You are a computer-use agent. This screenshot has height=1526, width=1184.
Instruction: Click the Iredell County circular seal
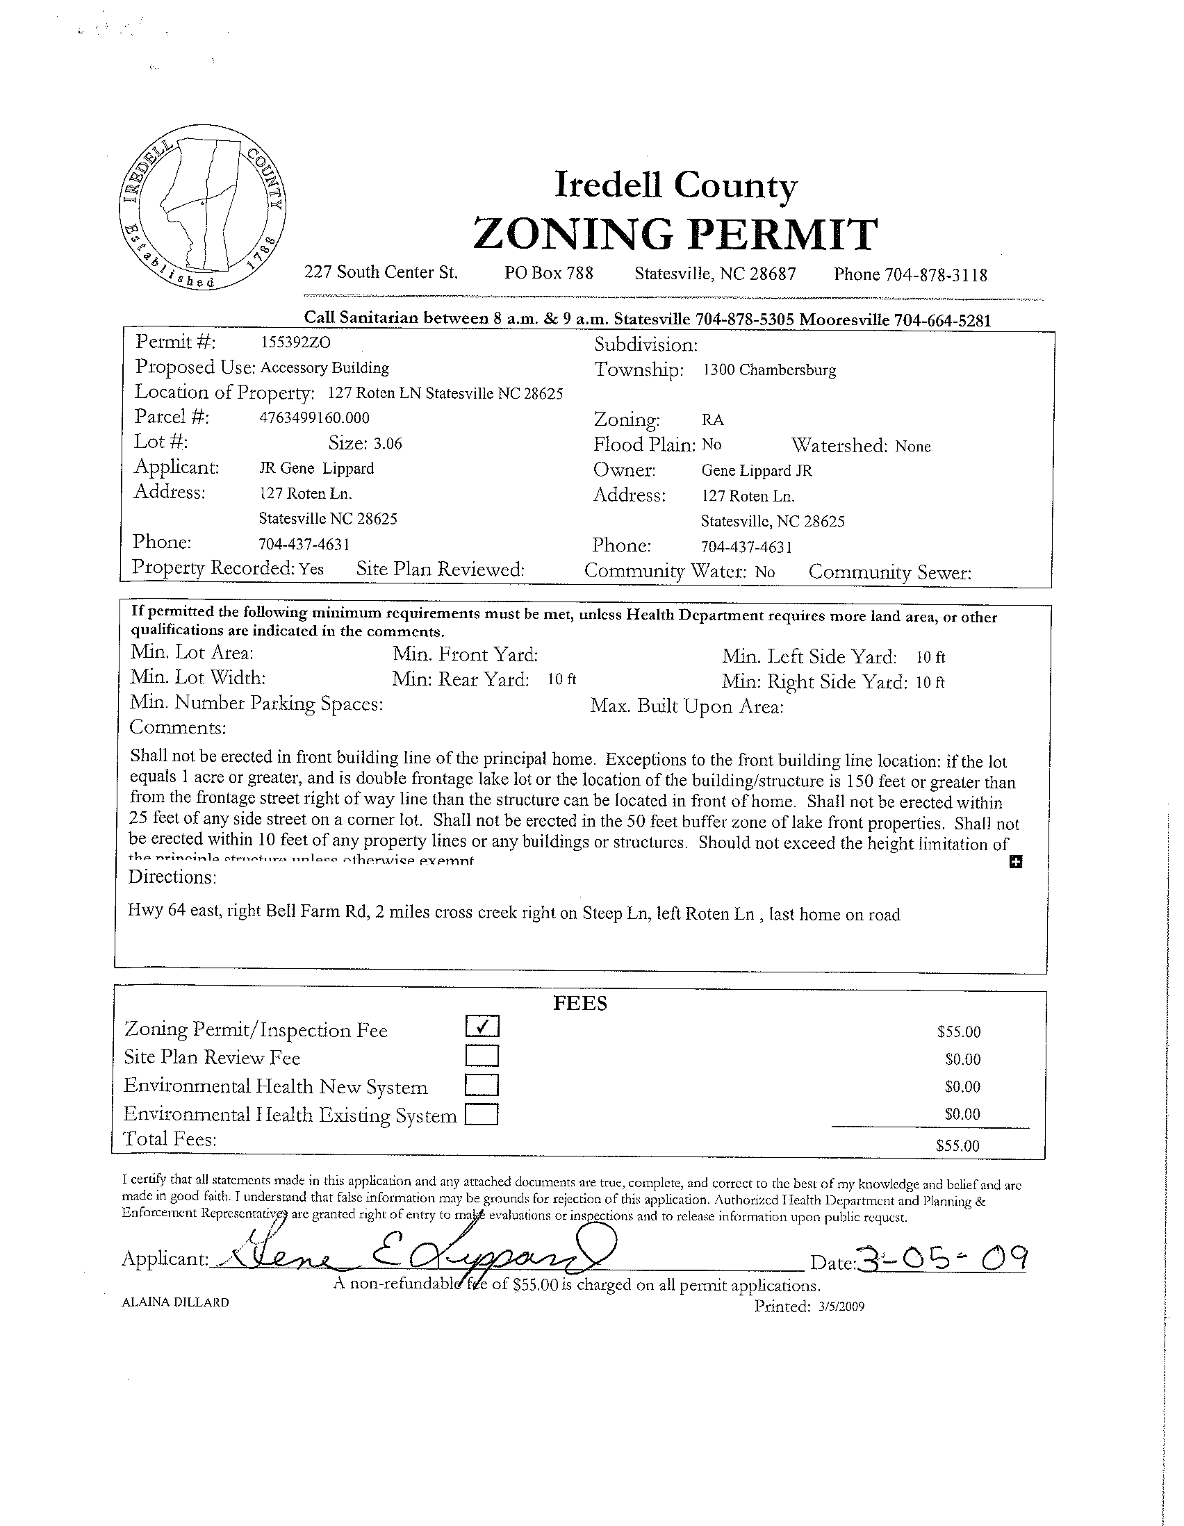203,208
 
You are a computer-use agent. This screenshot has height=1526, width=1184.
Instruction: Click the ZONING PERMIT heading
675,233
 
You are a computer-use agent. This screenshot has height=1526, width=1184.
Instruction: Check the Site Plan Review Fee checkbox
482,1055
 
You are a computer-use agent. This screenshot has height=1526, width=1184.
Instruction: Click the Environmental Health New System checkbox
482,1084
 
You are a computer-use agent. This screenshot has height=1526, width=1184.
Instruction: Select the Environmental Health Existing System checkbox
482,1112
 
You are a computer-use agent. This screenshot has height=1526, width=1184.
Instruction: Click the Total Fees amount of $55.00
958,1146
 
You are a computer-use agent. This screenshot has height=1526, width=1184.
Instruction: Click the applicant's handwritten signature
420,1258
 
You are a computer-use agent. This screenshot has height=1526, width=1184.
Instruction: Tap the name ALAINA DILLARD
175,1302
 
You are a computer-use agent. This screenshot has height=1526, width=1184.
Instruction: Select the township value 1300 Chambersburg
769,370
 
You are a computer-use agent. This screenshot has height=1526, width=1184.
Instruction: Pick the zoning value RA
713,420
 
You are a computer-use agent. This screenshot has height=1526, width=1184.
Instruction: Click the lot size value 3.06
388,444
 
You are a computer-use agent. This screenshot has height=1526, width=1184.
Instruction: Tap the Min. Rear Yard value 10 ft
562,679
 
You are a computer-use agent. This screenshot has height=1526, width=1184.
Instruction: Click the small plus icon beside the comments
1017,862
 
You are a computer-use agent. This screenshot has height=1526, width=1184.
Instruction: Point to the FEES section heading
580,1004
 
